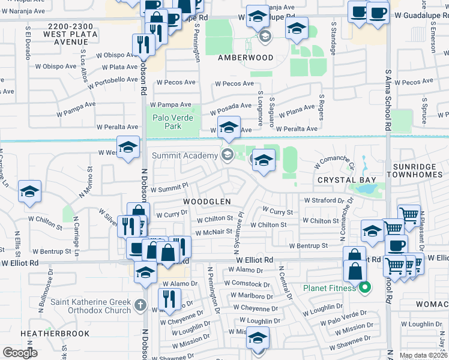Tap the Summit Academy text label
point(184,156)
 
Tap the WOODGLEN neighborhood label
point(206,202)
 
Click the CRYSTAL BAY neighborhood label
point(347,180)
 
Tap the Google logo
point(20,353)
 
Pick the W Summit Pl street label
point(169,188)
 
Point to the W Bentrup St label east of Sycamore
point(308,245)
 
